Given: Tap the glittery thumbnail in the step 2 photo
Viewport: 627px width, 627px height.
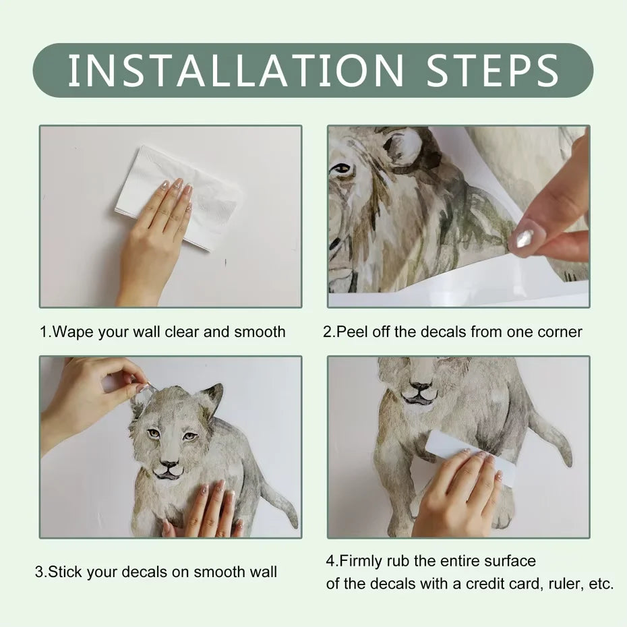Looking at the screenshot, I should (525, 237).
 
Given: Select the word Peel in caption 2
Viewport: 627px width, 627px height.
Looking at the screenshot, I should (351, 332).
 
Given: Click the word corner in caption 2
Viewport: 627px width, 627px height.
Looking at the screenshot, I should (560, 332).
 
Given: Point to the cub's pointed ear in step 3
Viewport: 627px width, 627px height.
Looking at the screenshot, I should (212, 398).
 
